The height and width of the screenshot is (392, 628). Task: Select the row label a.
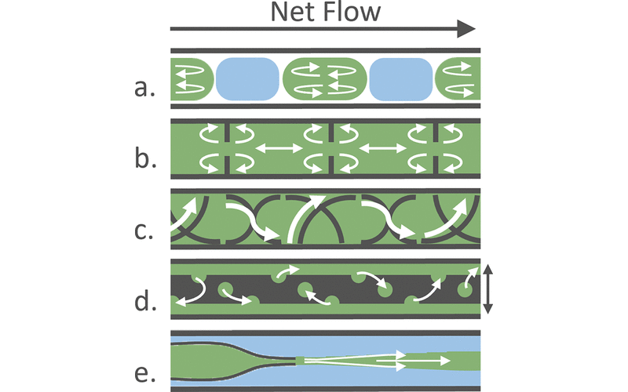[x=144, y=88]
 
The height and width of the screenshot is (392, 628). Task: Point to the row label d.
[x=144, y=297]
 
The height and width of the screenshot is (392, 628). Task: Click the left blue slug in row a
[x=247, y=78]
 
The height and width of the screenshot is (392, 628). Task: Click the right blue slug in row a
[x=400, y=78]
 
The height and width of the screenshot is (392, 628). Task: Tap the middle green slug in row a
[x=325, y=78]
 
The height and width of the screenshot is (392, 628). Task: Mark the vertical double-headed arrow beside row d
[x=488, y=289]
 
